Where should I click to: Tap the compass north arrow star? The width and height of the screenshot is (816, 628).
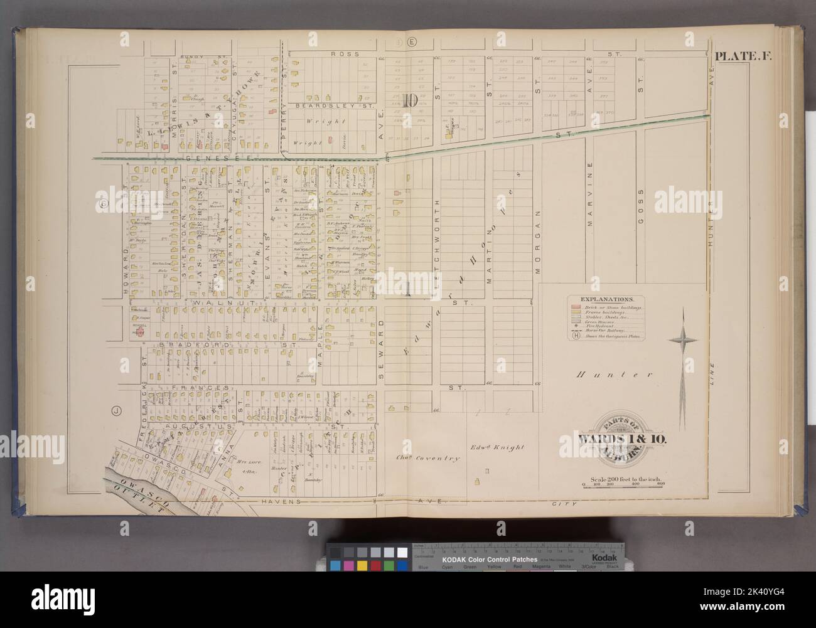point(683,341)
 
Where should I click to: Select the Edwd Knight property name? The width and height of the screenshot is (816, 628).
point(497,447)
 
